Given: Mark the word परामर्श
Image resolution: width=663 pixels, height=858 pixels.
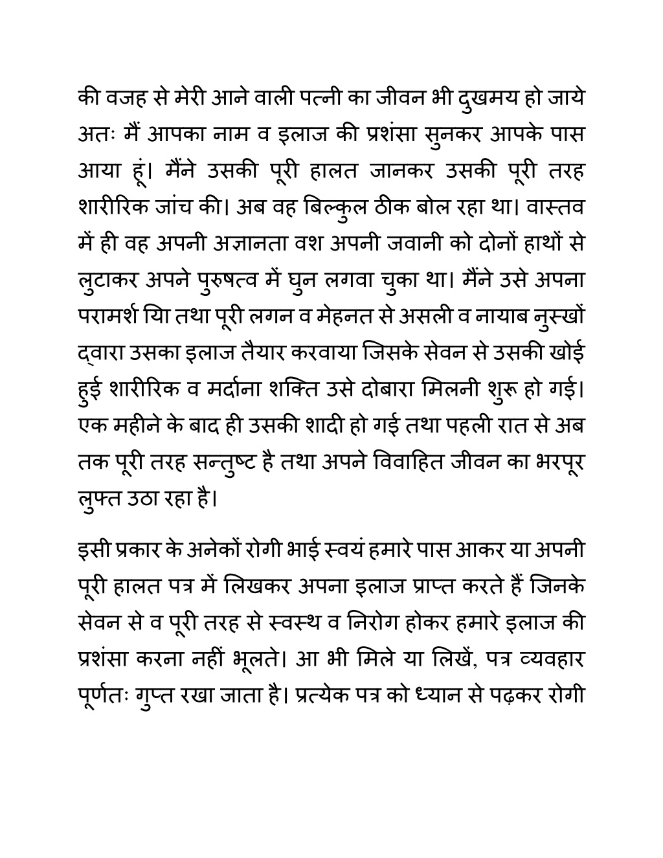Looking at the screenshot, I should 107,318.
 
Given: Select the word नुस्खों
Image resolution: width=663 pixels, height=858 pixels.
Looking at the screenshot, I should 561,318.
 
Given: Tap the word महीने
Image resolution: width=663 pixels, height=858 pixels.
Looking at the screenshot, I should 141,427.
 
